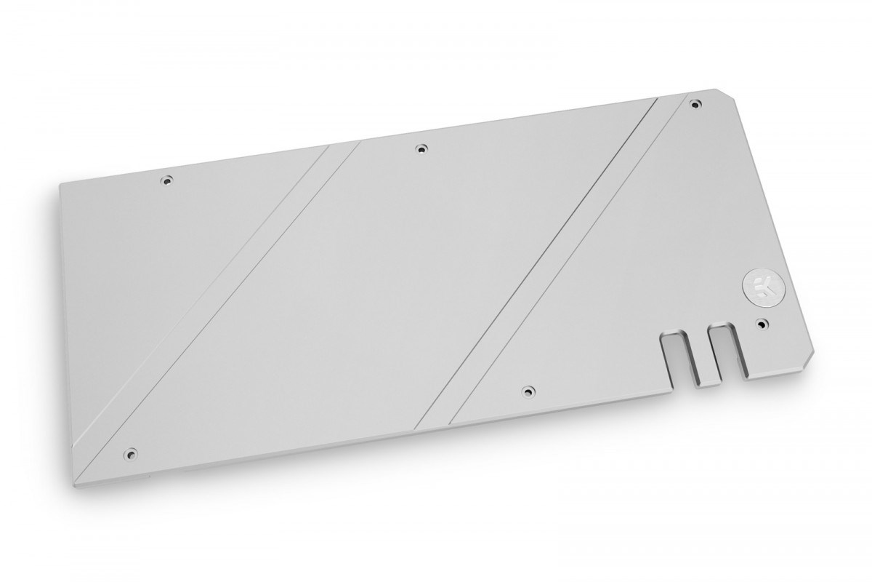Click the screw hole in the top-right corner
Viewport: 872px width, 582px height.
point(695,103)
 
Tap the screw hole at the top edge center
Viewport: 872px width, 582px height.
point(419,150)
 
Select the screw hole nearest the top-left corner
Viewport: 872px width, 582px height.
point(167,179)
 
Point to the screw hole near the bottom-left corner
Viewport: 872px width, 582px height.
point(132,452)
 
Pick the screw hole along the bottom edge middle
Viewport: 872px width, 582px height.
point(528,392)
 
